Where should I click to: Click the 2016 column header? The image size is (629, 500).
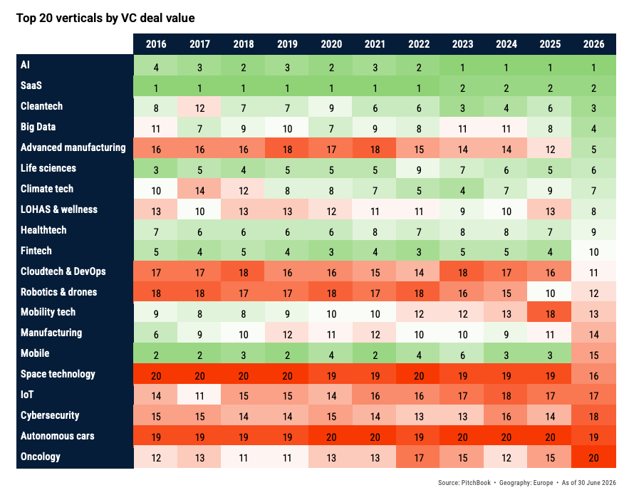(155, 44)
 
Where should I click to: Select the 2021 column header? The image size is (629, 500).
(375, 44)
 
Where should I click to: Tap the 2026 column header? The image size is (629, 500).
(593, 44)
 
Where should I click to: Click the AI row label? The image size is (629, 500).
(25, 65)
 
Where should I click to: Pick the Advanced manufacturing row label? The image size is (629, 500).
(73, 147)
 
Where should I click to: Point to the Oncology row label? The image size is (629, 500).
(41, 457)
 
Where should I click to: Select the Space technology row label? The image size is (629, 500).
(58, 374)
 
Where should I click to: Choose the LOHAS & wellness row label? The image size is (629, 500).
(59, 209)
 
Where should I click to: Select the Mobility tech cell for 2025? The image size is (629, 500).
(550, 313)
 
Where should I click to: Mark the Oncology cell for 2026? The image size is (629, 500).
(593, 457)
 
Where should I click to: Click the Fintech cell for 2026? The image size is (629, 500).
(593, 251)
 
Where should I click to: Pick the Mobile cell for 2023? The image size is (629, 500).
(462, 354)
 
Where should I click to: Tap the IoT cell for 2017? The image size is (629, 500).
(199, 395)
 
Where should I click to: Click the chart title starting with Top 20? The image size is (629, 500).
(105, 18)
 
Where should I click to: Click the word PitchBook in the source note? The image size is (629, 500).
(476, 483)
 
